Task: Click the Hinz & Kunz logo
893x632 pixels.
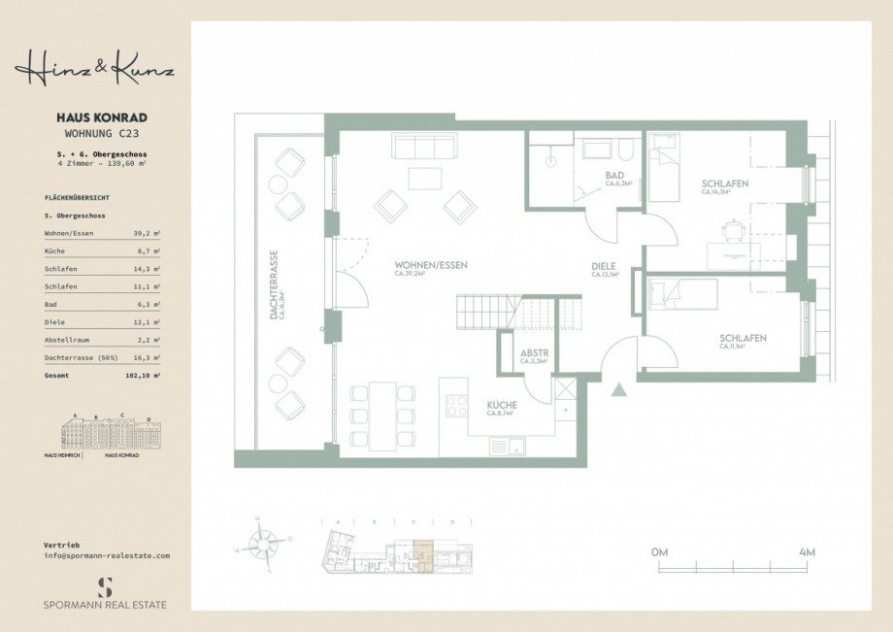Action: (x=94, y=69)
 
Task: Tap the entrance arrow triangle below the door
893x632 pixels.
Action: (x=618, y=390)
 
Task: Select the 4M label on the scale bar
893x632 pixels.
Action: (x=806, y=551)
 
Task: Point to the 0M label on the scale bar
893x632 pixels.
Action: (x=660, y=551)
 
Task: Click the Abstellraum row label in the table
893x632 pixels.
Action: (x=70, y=339)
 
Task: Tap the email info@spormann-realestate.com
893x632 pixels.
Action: (x=107, y=555)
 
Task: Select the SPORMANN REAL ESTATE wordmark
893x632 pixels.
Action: (x=105, y=604)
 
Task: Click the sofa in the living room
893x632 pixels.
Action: (x=424, y=146)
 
